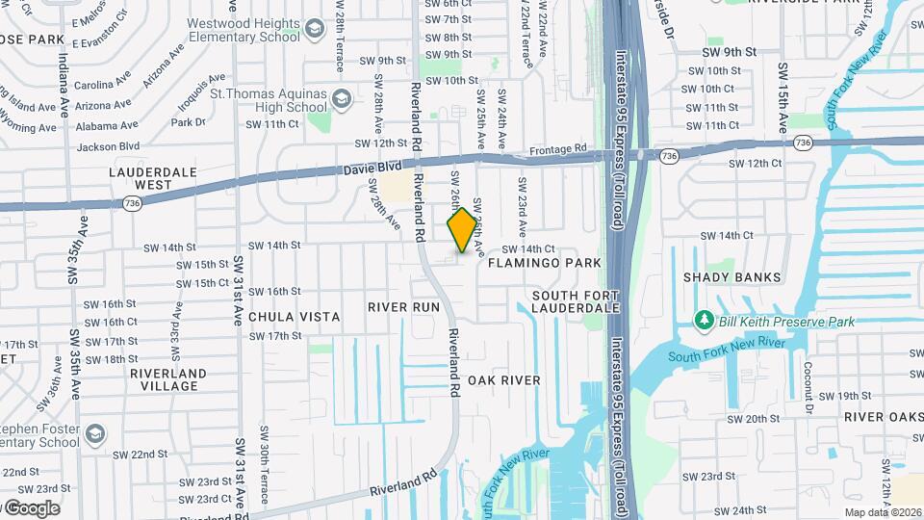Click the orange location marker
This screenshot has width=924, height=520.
coord(462,230)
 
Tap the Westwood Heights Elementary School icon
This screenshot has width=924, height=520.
coord(314,31)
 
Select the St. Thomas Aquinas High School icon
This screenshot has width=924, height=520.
coord(340,99)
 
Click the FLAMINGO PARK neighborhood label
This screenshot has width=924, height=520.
coord(544,263)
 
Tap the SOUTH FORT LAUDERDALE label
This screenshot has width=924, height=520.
coord(576,301)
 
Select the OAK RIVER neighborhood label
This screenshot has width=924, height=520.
coord(504,380)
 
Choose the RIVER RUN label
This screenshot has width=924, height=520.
coord(403,307)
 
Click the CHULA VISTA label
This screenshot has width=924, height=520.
coord(294,316)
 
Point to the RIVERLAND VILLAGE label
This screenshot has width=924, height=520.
coord(168,379)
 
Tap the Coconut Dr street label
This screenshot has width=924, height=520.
coord(809,380)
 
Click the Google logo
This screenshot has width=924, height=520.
coord(32,508)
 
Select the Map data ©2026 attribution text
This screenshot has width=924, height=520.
coord(883,512)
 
